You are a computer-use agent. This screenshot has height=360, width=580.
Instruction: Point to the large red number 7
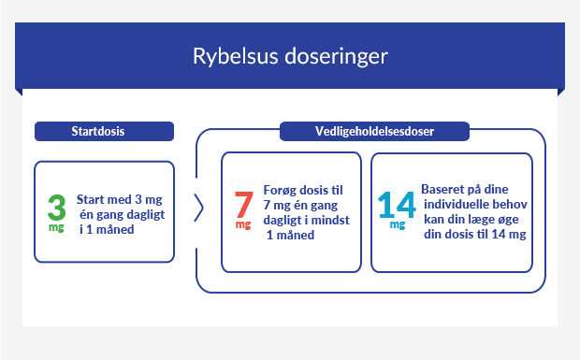pyautogui.click(x=243, y=205)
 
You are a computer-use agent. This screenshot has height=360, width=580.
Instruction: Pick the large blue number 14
pyautogui.click(x=397, y=205)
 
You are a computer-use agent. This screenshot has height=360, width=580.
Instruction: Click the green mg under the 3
pyautogui.click(x=57, y=227)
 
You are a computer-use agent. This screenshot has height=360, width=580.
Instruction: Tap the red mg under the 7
pyautogui.click(x=243, y=225)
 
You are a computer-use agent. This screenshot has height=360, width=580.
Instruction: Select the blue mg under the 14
pyautogui.click(x=398, y=225)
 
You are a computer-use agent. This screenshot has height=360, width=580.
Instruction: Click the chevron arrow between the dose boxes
pyautogui.click(x=198, y=209)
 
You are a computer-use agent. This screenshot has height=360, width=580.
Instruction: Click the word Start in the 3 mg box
pyautogui.click(x=92, y=199)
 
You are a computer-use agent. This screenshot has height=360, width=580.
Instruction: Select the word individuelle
pyautogui.click(x=457, y=202)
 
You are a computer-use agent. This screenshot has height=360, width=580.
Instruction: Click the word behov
pyautogui.click(x=508, y=202)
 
